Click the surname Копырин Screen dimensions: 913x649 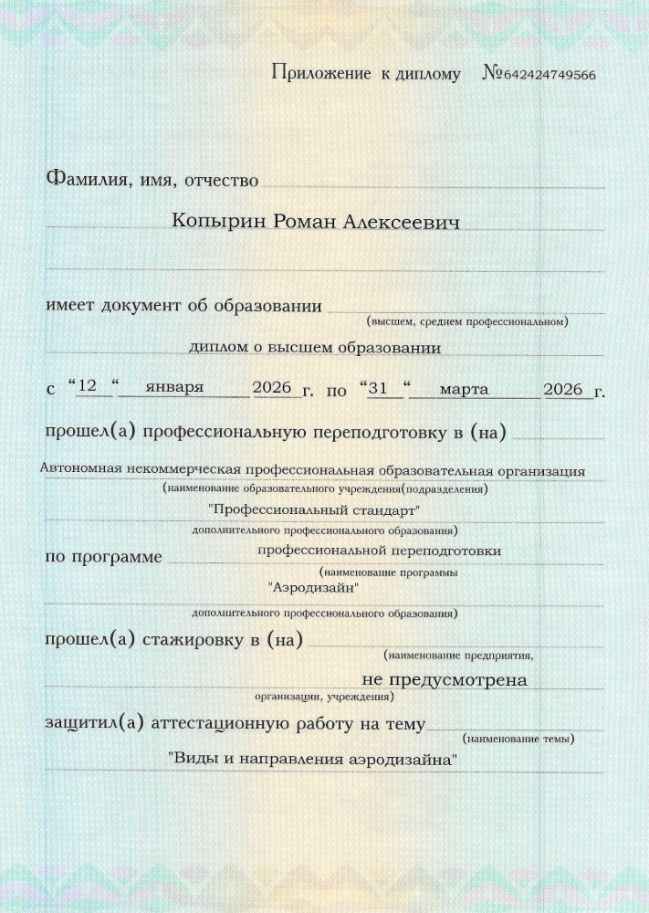[213, 223]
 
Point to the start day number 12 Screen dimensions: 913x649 [88, 389]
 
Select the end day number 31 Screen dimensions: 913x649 [384, 389]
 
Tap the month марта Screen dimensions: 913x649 [463, 389]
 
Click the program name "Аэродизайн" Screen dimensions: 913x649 [313, 588]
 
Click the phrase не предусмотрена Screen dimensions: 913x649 [445, 679]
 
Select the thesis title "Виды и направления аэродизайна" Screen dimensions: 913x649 [312, 759]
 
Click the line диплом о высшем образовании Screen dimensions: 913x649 [315, 348]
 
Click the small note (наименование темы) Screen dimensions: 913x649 [518, 738]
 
